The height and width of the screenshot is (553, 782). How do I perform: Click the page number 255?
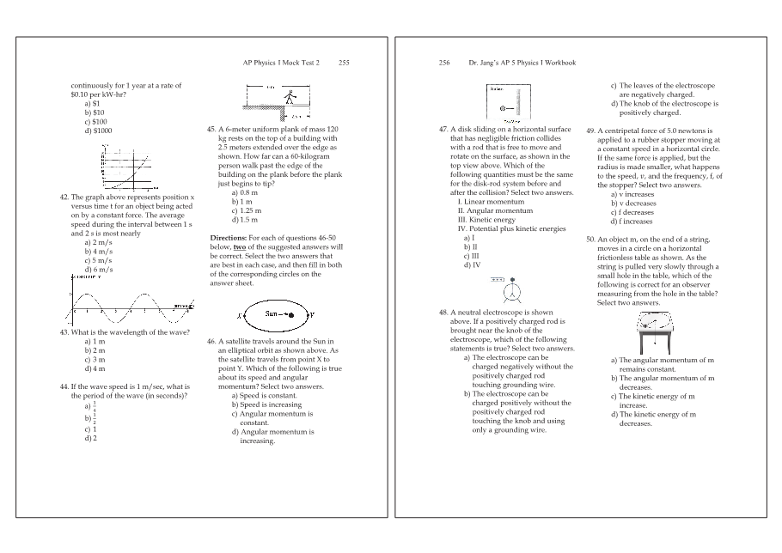point(344,63)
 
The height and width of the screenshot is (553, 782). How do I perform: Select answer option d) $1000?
point(99,131)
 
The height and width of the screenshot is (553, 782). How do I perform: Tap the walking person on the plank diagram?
point(291,96)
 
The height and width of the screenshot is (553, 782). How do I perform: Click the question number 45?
point(211,129)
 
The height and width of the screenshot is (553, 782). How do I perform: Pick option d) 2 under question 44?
point(90,438)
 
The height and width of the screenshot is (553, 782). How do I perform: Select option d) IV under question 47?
point(472,265)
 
